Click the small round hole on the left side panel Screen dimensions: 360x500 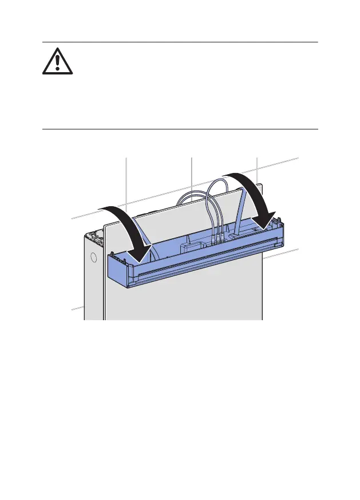pos(93,258)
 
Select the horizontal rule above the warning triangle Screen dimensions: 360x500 pos(180,42)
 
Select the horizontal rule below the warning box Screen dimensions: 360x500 pos(180,129)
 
